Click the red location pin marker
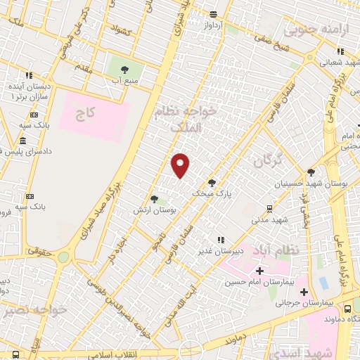(181, 165)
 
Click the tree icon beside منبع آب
(124, 70)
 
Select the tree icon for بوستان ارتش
(155, 200)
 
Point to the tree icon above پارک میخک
(212, 182)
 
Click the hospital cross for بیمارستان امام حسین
(259, 271)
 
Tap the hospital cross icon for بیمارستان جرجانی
(304, 292)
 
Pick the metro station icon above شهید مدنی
(269, 208)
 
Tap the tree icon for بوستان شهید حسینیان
(311, 172)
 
